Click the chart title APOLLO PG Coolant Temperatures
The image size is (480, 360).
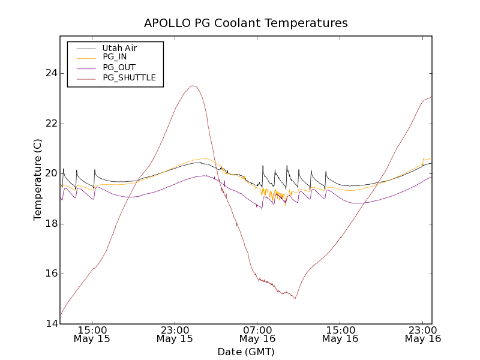coord(245,23)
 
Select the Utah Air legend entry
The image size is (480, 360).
coord(119,48)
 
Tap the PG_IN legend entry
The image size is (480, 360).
coord(115,57)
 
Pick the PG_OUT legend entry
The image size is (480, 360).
coord(119,67)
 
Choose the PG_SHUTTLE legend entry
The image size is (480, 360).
coord(129,77)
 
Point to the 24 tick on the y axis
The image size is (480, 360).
coord(49,73)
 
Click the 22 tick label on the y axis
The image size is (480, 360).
coord(49,124)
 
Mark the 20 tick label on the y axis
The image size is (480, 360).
coord(49,173)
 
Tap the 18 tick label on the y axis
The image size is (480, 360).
coord(49,224)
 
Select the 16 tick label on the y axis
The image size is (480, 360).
coord(49,274)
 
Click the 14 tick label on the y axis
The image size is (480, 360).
coord(49,324)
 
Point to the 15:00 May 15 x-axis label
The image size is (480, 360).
coord(92,334)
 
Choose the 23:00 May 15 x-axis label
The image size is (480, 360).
coord(175,334)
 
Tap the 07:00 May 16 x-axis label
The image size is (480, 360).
coord(257,334)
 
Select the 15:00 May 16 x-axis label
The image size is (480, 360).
coord(340,334)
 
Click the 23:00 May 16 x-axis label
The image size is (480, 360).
coord(422,334)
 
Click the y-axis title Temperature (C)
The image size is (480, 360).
coord(38,180)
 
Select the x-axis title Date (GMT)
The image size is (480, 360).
coord(245,352)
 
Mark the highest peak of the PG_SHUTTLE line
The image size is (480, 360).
coord(193,86)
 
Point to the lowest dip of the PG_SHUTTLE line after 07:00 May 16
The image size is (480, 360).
coord(295,298)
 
